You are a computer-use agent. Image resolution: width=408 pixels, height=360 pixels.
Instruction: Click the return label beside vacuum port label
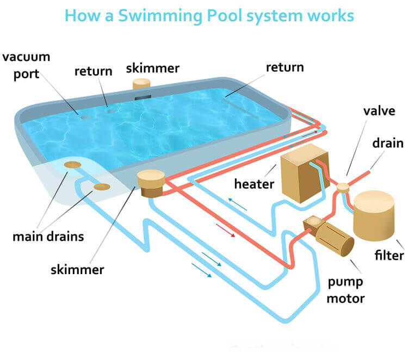93,70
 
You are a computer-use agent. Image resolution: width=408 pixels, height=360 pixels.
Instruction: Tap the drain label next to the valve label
387,143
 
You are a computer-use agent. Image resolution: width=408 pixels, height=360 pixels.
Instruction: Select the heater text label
254,184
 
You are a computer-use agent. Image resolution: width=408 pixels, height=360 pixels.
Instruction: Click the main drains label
48,237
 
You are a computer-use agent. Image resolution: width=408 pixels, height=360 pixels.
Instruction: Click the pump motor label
346,290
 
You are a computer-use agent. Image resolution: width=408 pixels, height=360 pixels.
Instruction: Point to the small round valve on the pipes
343,188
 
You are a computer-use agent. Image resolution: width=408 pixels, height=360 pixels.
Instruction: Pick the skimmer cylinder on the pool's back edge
142,84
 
